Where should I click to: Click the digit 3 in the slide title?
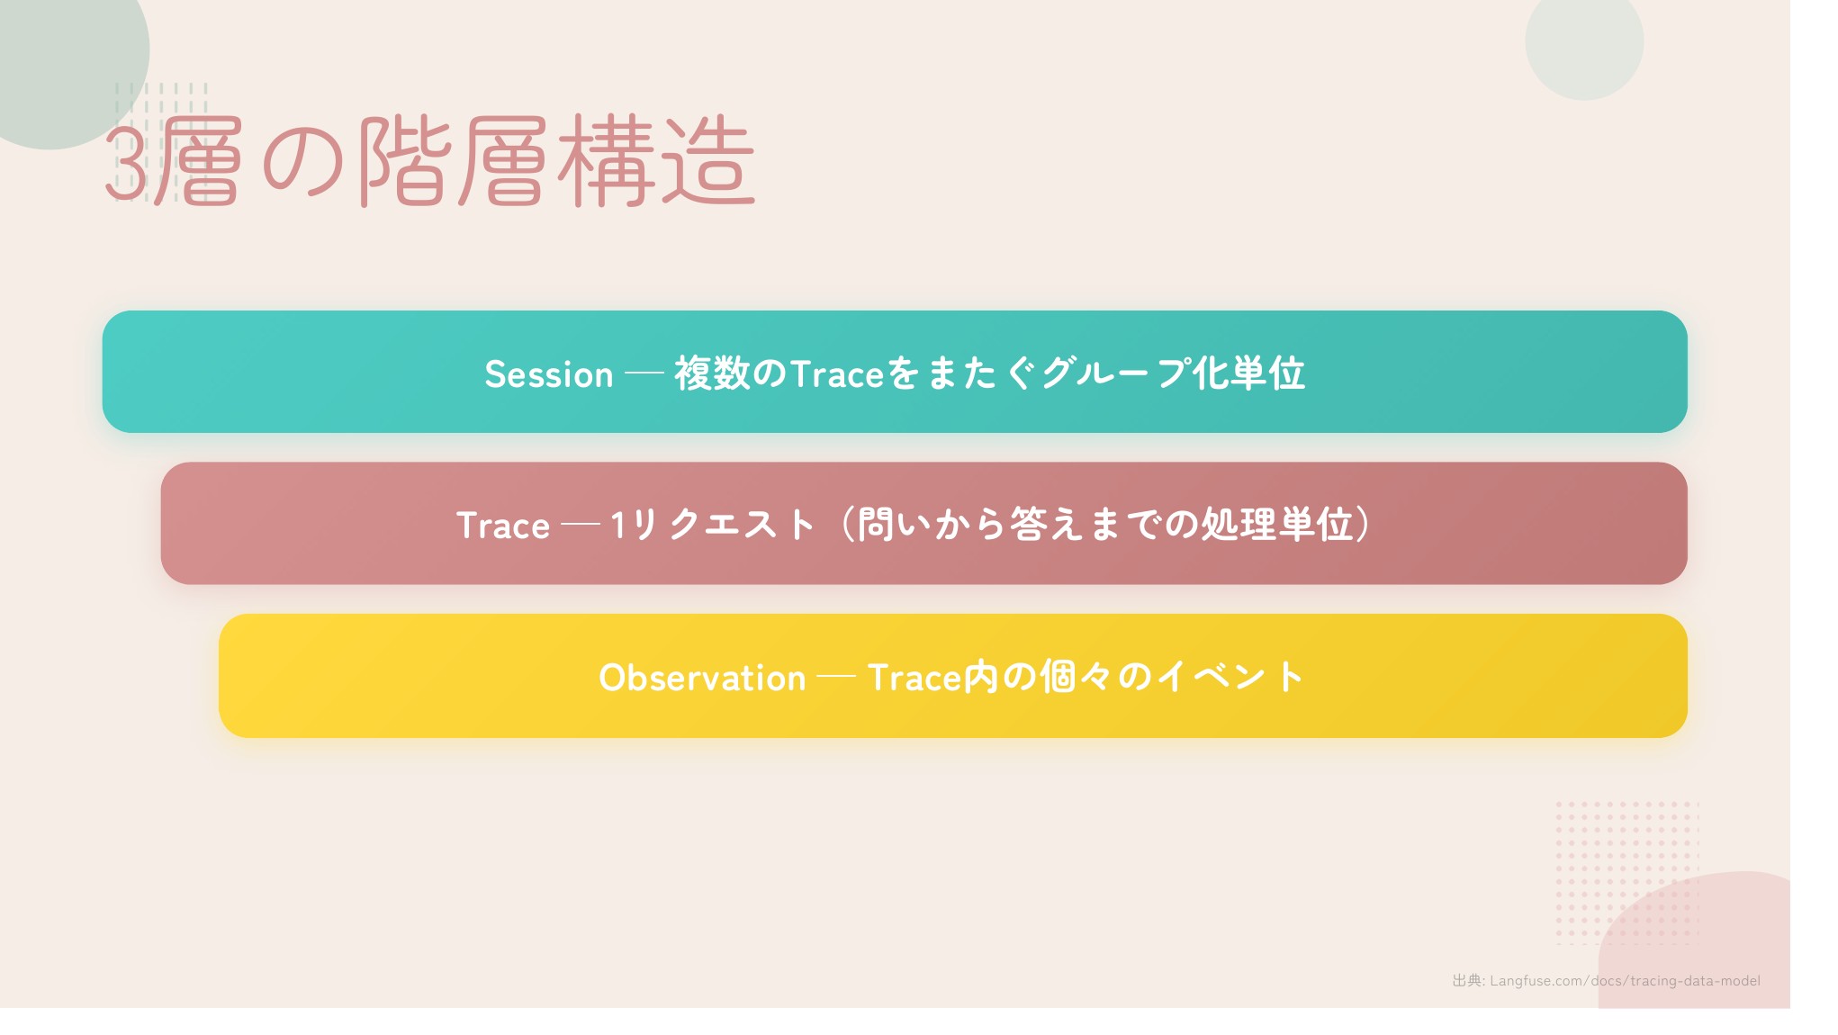[126, 163]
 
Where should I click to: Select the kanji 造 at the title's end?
[707, 161]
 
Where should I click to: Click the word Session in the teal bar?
[548, 374]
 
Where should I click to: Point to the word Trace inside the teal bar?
[838, 374]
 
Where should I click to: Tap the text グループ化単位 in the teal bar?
[1173, 373]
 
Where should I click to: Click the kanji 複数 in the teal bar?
[712, 373]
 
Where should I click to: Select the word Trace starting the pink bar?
[502, 526]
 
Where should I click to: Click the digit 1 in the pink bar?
[618, 525]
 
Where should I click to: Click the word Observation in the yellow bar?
[702, 678]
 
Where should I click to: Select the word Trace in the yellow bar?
[915, 678]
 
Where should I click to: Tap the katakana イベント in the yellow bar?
[1231, 677]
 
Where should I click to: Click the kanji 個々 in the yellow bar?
[1076, 677]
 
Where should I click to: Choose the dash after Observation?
[836, 678]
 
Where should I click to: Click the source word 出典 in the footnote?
[1467, 981]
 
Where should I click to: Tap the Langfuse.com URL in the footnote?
[1625, 981]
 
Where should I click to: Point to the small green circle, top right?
[1584, 41]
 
